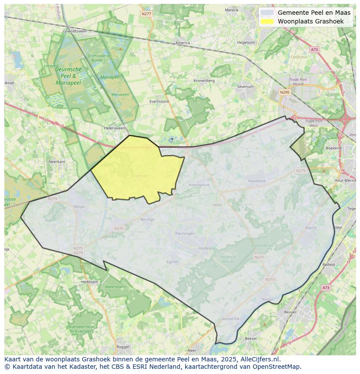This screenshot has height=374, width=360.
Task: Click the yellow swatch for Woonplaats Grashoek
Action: click(x=268, y=21)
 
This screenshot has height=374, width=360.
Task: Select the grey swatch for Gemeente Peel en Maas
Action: click(x=268, y=13)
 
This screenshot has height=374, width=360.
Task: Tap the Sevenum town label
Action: click(x=245, y=86)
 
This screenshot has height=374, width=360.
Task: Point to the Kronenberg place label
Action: click(x=204, y=80)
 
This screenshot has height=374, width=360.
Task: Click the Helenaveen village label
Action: click(x=114, y=128)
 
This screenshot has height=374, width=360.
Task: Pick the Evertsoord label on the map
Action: click(x=159, y=101)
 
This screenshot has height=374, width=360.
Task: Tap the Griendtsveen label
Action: click(x=75, y=31)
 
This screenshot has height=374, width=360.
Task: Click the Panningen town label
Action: click(x=185, y=233)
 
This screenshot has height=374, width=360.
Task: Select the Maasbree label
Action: click(x=257, y=181)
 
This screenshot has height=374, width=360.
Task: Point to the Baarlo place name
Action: click(x=311, y=227)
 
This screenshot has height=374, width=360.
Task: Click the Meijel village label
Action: click(x=79, y=207)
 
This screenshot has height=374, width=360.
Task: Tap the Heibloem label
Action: click(x=90, y=281)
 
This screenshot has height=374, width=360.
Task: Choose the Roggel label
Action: click(x=123, y=347)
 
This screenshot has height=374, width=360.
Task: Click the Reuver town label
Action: click(x=290, y=312)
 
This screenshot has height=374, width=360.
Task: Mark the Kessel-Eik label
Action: click(x=231, y=319)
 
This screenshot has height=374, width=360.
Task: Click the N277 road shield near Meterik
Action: click(x=147, y=14)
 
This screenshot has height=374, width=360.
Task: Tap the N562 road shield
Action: click(x=217, y=205)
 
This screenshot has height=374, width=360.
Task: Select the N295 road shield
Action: click(x=285, y=92)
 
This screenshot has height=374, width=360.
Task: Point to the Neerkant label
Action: click(x=57, y=161)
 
